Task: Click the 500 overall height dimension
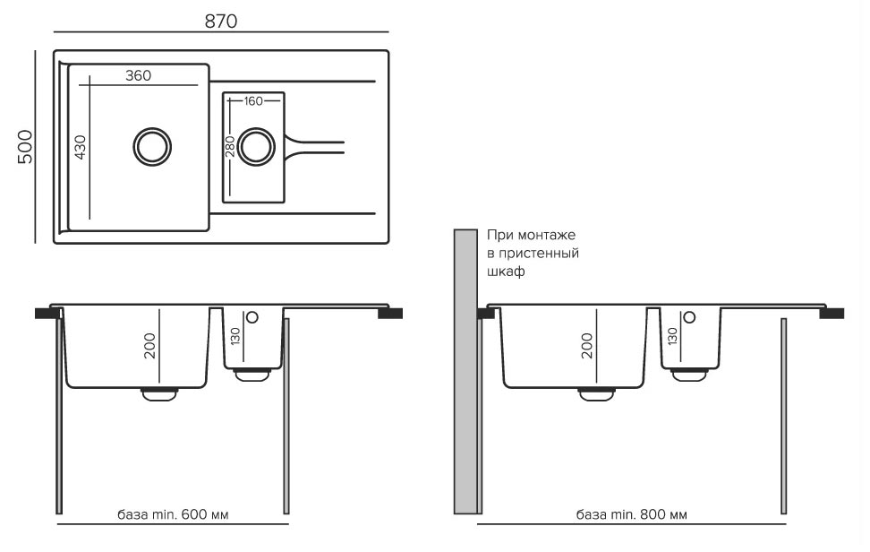25,146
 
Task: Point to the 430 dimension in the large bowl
80,146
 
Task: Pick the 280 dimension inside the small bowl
230,147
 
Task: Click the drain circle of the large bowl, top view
151,145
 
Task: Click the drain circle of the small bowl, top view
257,145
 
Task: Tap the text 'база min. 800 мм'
632,515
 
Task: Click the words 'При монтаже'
531,235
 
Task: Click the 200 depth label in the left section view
149,345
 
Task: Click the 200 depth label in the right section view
587,345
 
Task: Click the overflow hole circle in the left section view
252,316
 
